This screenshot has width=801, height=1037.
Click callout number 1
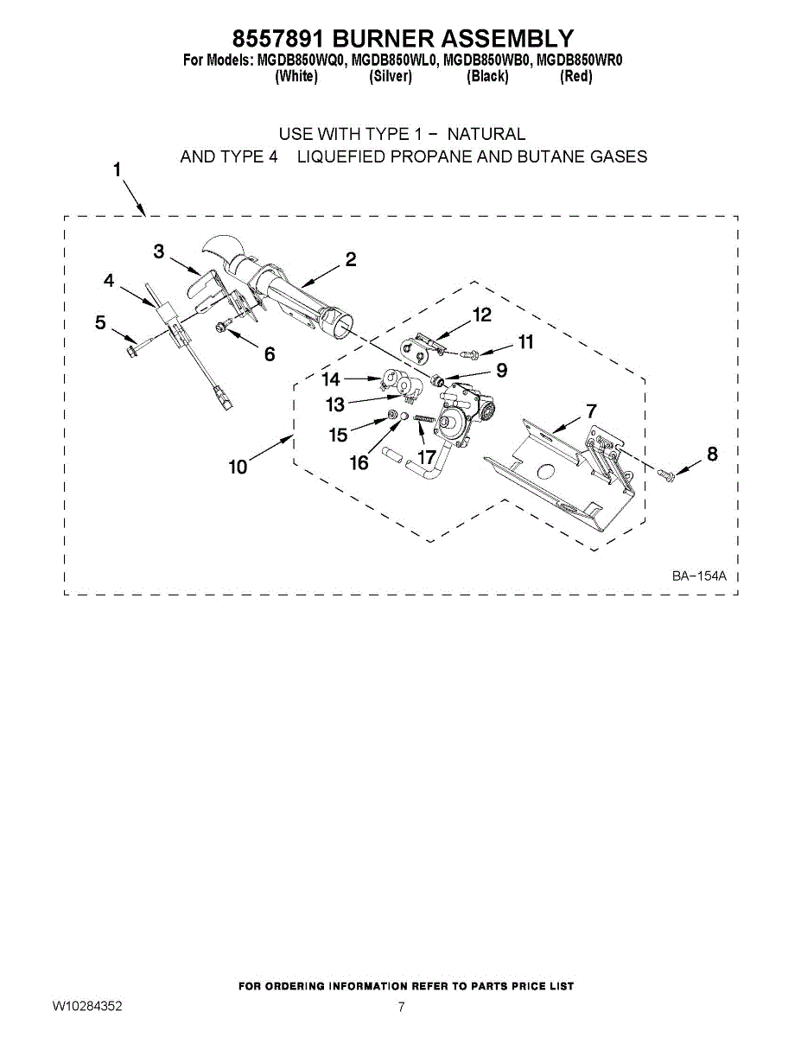pyautogui.click(x=117, y=169)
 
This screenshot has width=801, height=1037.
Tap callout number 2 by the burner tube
pyautogui.click(x=351, y=259)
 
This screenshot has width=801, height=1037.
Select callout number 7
pyautogui.click(x=591, y=410)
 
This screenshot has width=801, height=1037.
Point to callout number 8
pyautogui.click(x=712, y=454)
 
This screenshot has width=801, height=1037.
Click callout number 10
pyautogui.click(x=238, y=467)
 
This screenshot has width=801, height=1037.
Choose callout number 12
pyautogui.click(x=482, y=315)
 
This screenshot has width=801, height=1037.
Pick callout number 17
pyautogui.click(x=426, y=455)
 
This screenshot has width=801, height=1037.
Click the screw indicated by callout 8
pyautogui.click(x=665, y=473)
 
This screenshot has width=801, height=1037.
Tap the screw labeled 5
pyautogui.click(x=134, y=349)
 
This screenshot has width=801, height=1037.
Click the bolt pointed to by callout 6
pyautogui.click(x=222, y=326)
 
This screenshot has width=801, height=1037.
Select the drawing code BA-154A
pyautogui.click(x=700, y=576)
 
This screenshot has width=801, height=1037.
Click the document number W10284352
pyautogui.click(x=86, y=1007)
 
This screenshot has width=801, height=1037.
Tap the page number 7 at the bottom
pyautogui.click(x=401, y=1007)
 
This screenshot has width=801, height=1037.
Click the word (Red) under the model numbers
pyautogui.click(x=576, y=77)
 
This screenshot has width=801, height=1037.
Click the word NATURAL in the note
pyautogui.click(x=486, y=134)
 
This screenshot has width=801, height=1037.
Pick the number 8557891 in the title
pyautogui.click(x=278, y=38)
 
